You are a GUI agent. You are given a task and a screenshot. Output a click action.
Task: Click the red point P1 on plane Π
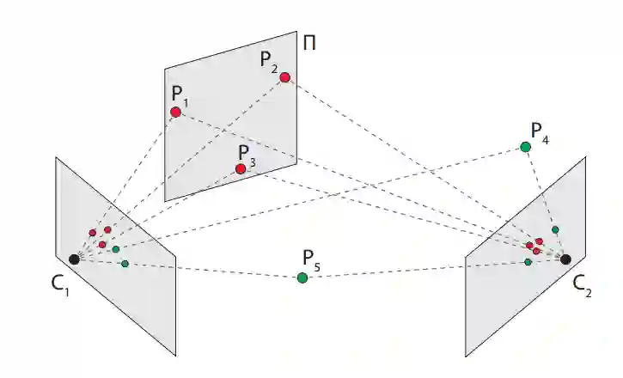[x=175, y=112]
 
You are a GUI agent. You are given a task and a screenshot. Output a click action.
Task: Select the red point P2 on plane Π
[x=284, y=77]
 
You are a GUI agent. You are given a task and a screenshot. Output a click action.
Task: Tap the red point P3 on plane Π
[x=241, y=168]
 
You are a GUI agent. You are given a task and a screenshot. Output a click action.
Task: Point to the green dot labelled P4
[x=526, y=147]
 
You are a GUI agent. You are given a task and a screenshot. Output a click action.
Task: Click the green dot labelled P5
[x=302, y=277]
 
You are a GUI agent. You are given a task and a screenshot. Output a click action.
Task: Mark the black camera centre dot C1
[x=75, y=259]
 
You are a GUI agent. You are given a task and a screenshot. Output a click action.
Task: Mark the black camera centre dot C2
[x=565, y=258]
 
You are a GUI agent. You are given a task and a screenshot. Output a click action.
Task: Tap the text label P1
[x=179, y=94]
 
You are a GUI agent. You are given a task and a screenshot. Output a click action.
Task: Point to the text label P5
[x=310, y=259]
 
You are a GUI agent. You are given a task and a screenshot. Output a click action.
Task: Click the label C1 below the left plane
[x=59, y=283]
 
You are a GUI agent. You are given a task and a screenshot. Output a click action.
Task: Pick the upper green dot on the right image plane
[x=555, y=229]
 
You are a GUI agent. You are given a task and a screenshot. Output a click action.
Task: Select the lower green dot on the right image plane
[x=528, y=261]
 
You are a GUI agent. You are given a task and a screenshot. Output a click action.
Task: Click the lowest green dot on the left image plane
[x=125, y=263]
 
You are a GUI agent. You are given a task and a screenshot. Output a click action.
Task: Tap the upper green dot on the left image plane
[x=115, y=249]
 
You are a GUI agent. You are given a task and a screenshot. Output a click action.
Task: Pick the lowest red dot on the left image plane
[x=101, y=245]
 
